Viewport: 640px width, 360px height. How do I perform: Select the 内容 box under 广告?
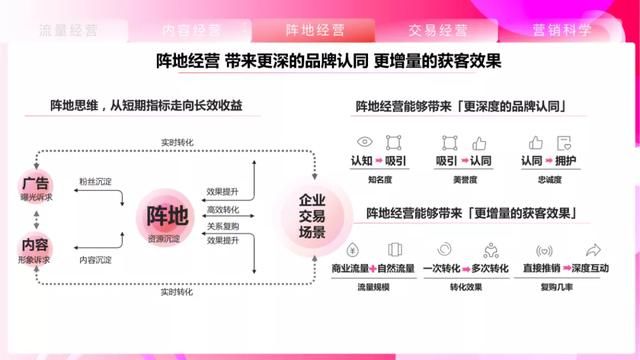(x=34, y=245)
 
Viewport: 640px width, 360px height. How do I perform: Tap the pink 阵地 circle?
(x=165, y=215)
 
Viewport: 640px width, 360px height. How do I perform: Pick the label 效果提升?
(x=223, y=190)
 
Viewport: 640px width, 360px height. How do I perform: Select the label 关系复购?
(x=223, y=226)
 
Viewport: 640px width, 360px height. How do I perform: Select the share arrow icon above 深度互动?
(x=592, y=250)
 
